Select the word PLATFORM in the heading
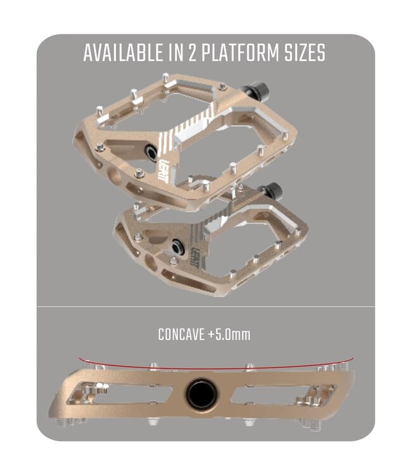(x=241, y=53)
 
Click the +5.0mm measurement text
(x=229, y=334)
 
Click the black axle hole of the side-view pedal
(x=202, y=395)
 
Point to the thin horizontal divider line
(x=206, y=307)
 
